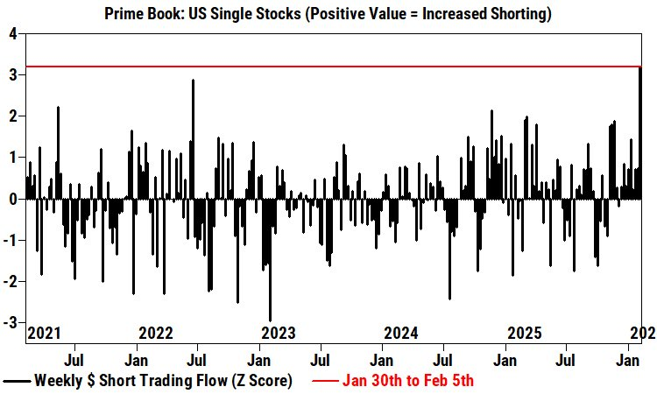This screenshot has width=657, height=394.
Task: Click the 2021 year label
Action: coord(44,333)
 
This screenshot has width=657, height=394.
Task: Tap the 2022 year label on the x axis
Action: coord(156,333)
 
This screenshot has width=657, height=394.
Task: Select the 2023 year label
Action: coord(279,333)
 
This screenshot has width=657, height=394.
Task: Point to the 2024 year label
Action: coord(401,333)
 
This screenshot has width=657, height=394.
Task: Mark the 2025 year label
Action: coord(525,333)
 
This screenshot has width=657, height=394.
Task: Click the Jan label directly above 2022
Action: coord(136,359)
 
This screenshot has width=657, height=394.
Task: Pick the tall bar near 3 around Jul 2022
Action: coord(193,140)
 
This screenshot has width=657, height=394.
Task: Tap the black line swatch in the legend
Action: coord(18,381)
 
